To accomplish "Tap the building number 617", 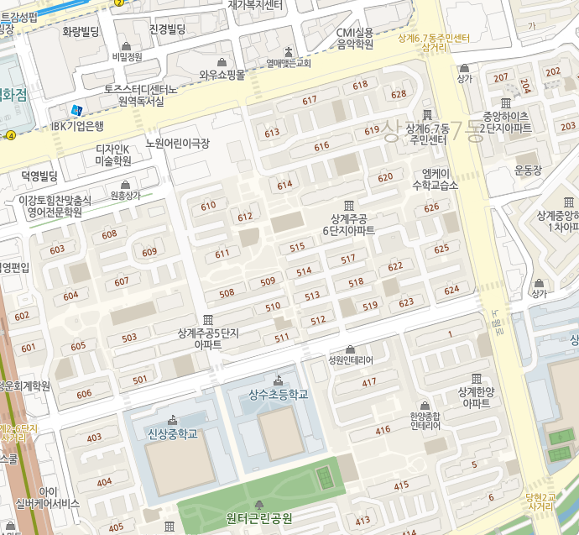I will pyautogui.click(x=310, y=100).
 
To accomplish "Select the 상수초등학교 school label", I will pyautogui.click(x=279, y=394).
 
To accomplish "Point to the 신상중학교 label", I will pyautogui.click(x=172, y=433).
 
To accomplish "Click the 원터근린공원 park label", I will pyautogui.click(x=259, y=517).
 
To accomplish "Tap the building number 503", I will pyautogui.click(x=129, y=338).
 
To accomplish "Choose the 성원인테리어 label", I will pyautogui.click(x=350, y=359).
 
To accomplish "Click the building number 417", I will pyautogui.click(x=369, y=383).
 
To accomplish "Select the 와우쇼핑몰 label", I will pyautogui.click(x=222, y=75).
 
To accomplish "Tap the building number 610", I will pyautogui.click(x=209, y=205).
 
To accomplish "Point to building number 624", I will pyautogui.click(x=451, y=290).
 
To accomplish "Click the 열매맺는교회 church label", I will pyautogui.click(x=289, y=63).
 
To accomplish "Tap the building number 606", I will pyautogui.click(x=84, y=394).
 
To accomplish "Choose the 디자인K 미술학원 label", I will pyautogui.click(x=112, y=155).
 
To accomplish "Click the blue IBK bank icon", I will pyautogui.click(x=77, y=110).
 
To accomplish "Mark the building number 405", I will pyautogui.click(x=116, y=527).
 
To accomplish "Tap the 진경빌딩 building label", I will pyautogui.click(x=167, y=29).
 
